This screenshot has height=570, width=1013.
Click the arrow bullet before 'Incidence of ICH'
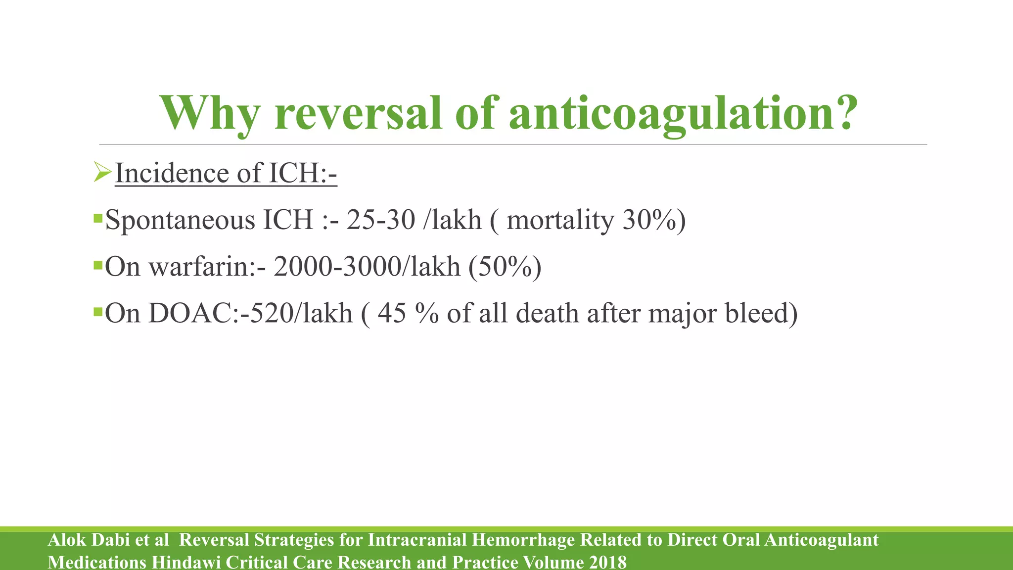point(102,173)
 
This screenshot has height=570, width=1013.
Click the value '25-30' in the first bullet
point(380,220)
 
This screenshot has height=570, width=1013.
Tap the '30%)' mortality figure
point(654,220)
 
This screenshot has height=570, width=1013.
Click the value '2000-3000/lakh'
point(367,267)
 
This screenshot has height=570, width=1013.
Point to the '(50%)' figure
point(505,267)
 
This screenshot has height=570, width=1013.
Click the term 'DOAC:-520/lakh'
point(250,313)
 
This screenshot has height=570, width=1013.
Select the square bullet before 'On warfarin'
point(97,266)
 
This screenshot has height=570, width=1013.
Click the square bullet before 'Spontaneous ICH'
point(97,218)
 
